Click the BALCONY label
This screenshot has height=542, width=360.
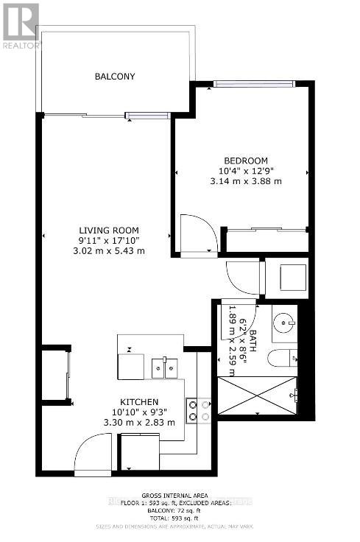coord(115,77)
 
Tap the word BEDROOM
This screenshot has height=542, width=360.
coord(245,161)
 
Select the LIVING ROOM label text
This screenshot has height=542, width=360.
coord(109,230)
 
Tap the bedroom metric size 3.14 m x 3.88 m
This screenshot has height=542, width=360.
coord(245,181)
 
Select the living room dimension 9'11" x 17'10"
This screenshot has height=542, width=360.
coord(109,240)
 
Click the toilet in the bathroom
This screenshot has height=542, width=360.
coord(283,359)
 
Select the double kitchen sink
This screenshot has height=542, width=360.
coord(165,367)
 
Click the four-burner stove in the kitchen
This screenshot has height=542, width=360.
coord(198,410)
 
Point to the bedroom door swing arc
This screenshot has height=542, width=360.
coord(199,234)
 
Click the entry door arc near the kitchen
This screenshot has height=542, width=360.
coord(93,453)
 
